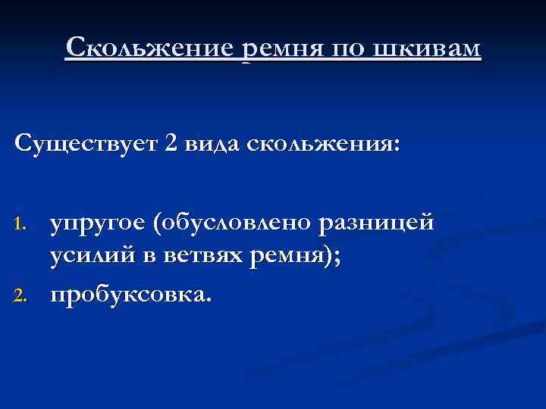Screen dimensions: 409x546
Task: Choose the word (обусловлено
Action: (x=234, y=224)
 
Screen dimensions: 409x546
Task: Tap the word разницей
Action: (x=377, y=224)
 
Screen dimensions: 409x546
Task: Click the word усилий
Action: (x=87, y=258)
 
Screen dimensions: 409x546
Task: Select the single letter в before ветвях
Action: (x=140, y=258)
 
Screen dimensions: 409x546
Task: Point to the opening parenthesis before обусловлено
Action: (x=155, y=225)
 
